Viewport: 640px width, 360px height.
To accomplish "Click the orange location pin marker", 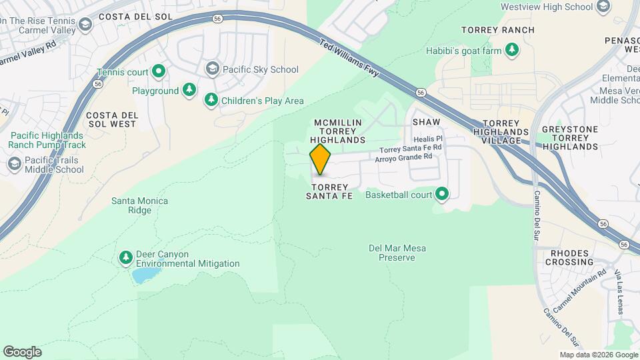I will [321, 159].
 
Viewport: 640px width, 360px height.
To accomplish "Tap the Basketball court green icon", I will [441, 195].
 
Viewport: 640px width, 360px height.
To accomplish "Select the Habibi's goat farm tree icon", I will [512, 49].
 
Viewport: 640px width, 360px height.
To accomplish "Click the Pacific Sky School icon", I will [212, 69].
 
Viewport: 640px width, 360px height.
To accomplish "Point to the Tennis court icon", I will [158, 71].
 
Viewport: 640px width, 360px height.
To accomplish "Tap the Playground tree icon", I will [190, 90].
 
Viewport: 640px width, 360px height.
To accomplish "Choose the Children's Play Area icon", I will [211, 100].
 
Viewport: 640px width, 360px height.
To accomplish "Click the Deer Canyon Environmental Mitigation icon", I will [125, 257].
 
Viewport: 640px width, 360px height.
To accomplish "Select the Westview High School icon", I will [603, 7].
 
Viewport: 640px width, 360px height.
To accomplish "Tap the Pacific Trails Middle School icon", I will [14, 164].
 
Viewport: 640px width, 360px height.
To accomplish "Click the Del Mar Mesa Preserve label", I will [397, 253].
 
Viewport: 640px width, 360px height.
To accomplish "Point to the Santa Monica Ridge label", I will [139, 205].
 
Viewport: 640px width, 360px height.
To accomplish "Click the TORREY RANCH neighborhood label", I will [498, 30].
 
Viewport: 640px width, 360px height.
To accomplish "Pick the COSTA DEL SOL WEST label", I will [112, 119].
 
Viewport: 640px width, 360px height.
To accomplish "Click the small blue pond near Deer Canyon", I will [144, 275].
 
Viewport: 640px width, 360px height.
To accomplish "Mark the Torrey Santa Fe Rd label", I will [411, 148].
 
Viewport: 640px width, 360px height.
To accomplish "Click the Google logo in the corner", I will [22, 351].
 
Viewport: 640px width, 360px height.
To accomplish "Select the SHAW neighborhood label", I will [427, 122].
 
